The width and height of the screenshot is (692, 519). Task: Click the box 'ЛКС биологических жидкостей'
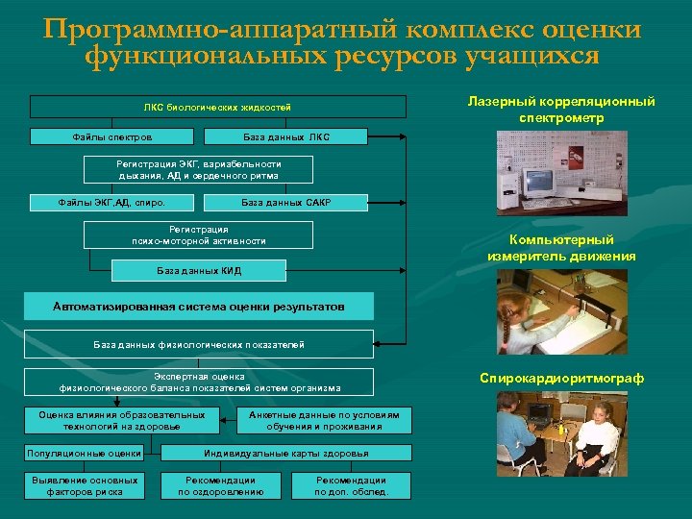coord(217,107)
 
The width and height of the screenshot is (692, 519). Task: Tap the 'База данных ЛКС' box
coord(286,137)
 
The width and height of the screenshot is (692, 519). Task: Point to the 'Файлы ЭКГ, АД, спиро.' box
coord(111,203)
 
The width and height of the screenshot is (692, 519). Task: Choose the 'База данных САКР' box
coord(286,203)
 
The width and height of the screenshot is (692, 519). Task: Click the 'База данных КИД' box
coord(199,271)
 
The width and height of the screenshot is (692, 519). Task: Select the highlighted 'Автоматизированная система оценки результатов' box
coord(198,307)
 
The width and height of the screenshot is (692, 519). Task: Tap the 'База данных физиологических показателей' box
coord(199,344)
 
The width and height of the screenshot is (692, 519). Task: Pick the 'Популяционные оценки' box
coord(84,453)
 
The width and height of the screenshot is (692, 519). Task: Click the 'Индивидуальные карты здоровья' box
coord(286,453)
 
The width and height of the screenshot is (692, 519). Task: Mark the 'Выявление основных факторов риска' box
coord(84,485)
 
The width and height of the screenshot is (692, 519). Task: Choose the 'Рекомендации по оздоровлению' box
coord(221,485)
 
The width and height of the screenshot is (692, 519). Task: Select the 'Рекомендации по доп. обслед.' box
coord(351,485)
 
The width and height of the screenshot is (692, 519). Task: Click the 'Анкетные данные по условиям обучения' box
coord(324,420)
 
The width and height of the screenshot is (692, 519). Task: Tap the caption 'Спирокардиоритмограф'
coord(562,379)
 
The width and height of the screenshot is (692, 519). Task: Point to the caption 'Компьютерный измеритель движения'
coord(562,247)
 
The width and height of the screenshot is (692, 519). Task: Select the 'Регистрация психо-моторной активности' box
coord(199,235)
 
